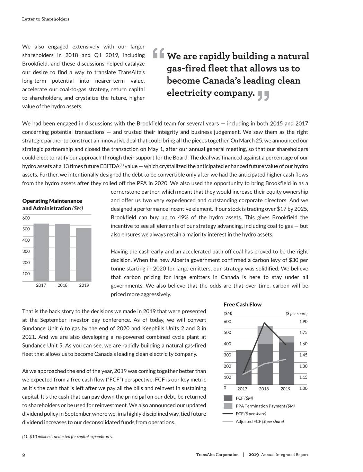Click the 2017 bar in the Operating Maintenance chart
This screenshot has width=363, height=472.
click(41, 252)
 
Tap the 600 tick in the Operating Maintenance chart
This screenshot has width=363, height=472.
click(26, 218)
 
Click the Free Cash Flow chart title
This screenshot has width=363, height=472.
click(242, 304)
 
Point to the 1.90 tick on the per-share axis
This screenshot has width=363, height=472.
click(303, 322)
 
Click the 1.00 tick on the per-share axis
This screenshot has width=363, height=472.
click(303, 388)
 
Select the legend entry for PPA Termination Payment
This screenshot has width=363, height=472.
click(265, 406)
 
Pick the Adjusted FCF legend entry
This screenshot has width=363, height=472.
click(259, 422)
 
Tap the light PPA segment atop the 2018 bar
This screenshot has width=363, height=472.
click(265, 335)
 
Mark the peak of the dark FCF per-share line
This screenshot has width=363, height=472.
click(265, 323)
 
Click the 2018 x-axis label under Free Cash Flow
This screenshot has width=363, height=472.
click(264, 389)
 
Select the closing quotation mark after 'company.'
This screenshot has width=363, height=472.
click(263, 96)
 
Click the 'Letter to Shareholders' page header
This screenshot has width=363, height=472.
click(45, 19)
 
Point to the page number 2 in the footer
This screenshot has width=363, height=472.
click(24, 455)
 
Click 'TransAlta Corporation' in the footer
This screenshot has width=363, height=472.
click(217, 455)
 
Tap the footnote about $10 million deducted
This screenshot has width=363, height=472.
click(68, 437)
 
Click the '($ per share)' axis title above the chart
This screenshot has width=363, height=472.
click(296, 314)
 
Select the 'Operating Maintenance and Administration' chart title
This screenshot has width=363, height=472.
click(52, 204)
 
